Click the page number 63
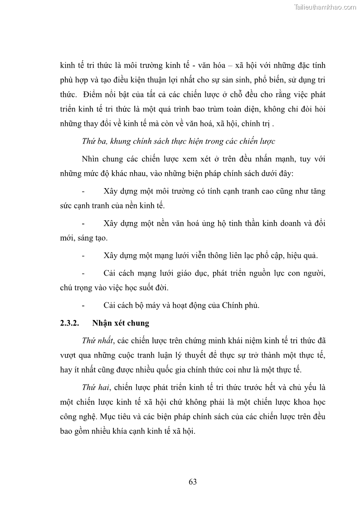click(193, 482)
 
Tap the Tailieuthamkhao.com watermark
click(325, 7)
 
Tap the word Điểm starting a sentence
click(95, 95)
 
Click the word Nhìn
click(92, 159)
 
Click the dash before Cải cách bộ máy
click(83, 305)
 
